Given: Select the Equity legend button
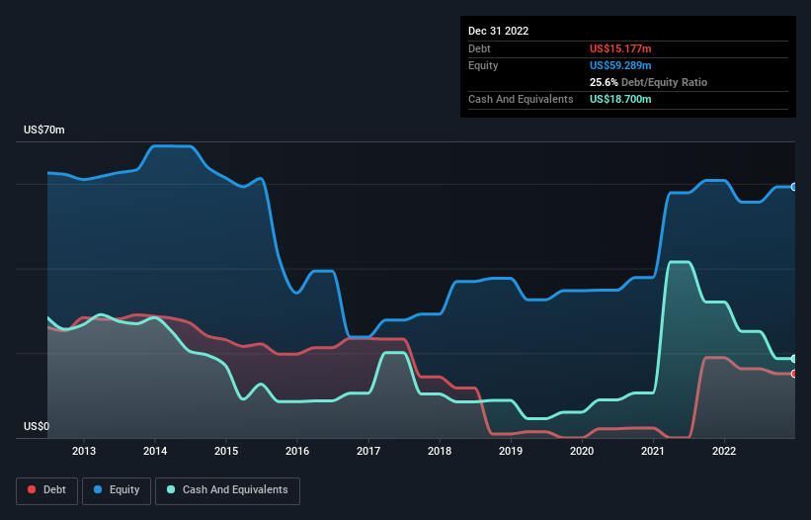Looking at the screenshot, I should [x=116, y=489].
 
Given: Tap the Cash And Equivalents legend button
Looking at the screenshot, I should [x=227, y=489].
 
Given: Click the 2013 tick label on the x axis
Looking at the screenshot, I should [x=84, y=452].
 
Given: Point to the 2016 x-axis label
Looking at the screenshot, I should [x=297, y=452].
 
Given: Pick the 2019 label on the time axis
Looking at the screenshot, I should [x=511, y=452].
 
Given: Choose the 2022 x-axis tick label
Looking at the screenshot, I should [x=724, y=452].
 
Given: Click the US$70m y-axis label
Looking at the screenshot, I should [x=44, y=130].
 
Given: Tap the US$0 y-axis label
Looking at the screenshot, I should [x=37, y=426].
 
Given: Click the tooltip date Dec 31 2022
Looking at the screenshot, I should [x=499, y=31].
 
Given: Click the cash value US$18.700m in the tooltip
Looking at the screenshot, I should [x=620, y=99].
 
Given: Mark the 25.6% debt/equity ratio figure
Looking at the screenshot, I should [x=604, y=82].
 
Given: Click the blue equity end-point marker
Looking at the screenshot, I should [x=793, y=187].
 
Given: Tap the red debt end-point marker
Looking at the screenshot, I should [x=793, y=374].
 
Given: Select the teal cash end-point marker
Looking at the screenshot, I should [x=793, y=359].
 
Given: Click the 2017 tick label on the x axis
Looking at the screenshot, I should [x=368, y=452].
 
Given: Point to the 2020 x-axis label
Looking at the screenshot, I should [x=582, y=452].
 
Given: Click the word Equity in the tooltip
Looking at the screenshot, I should [x=483, y=65].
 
